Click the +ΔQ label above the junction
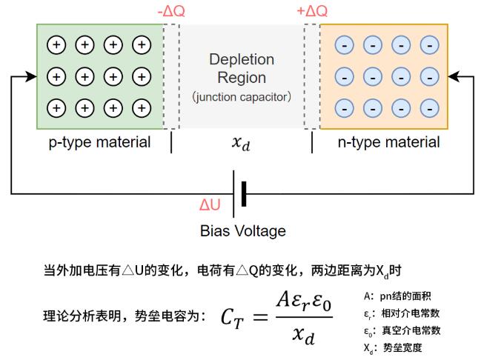[311, 12]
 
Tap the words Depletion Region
[242, 68]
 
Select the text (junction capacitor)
[242, 97]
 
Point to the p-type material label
[99, 142]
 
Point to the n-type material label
[388, 142]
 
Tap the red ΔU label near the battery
[210, 204]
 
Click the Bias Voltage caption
[242, 231]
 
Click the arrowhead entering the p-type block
[31, 76]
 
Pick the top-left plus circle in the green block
[56, 45]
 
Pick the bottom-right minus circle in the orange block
[428, 108]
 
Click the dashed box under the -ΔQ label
[170, 76]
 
